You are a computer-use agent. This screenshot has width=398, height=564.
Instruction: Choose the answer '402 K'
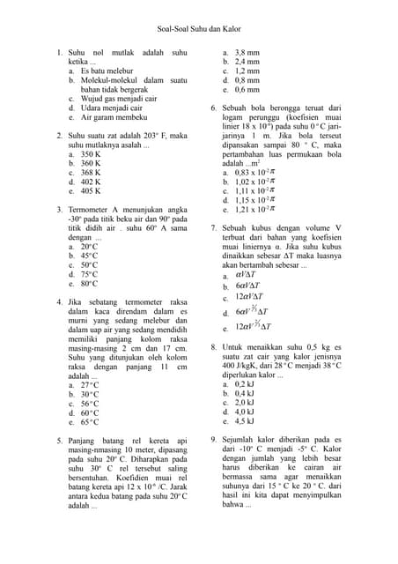[91, 182]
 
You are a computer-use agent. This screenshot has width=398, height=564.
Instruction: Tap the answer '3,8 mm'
[247, 54]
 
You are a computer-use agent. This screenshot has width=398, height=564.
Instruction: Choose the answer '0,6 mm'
[247, 90]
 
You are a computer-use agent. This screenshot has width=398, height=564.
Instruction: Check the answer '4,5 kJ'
[245, 421]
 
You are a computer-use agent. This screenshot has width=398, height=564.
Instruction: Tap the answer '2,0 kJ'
[245, 403]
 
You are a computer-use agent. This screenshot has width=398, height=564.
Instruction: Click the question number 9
[213, 439]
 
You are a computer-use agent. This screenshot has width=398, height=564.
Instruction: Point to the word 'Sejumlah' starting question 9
[241, 439]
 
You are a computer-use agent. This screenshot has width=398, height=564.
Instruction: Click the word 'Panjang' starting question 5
[84, 441]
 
